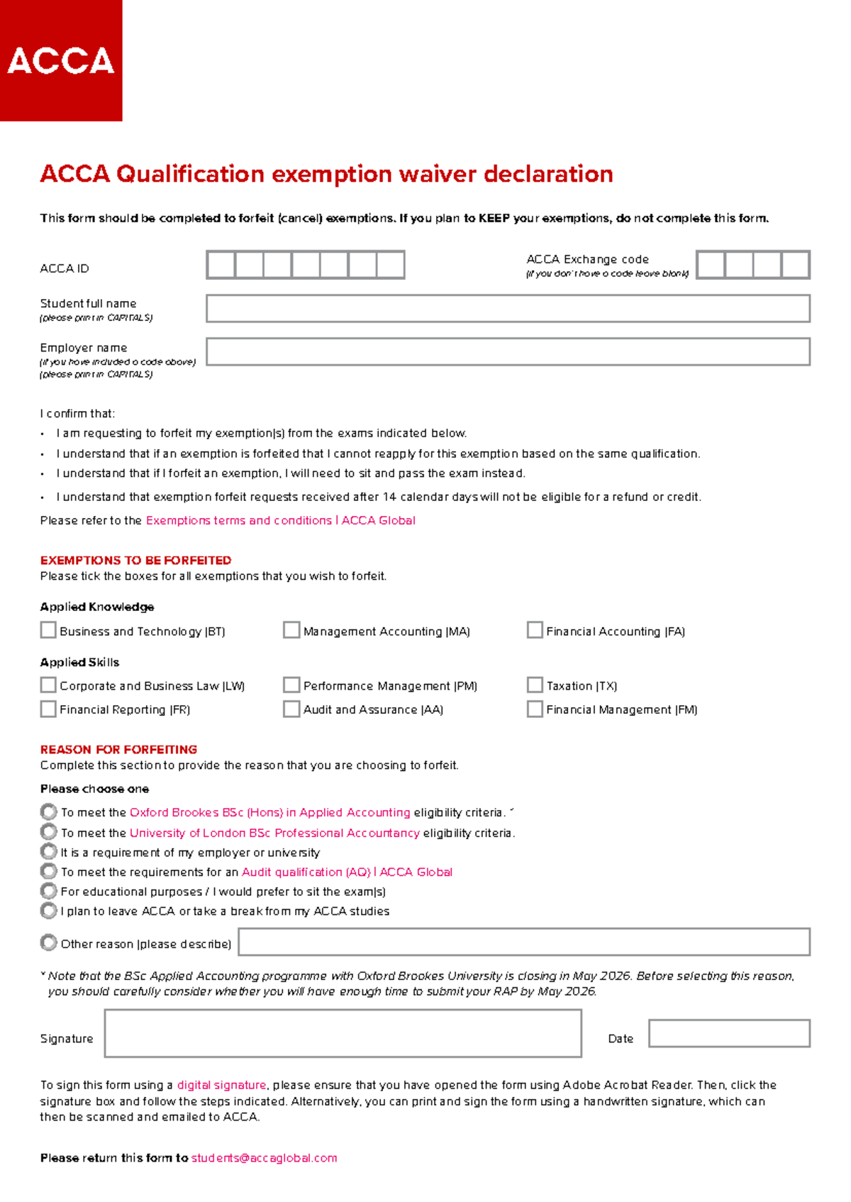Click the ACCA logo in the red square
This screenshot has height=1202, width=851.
(x=61, y=61)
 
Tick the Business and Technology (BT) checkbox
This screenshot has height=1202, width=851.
(x=48, y=630)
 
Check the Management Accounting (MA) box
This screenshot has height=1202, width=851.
(x=291, y=630)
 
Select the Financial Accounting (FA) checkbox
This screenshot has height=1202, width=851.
(x=535, y=630)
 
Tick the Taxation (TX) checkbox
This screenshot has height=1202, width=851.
(x=535, y=685)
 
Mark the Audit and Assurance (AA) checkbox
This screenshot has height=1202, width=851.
(x=291, y=709)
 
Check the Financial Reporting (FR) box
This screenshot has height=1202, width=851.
(x=48, y=709)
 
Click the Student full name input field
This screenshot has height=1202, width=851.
(x=508, y=308)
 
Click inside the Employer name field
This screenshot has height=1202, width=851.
(x=508, y=352)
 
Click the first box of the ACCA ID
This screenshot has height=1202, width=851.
(x=221, y=265)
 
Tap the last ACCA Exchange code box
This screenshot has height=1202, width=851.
(x=795, y=265)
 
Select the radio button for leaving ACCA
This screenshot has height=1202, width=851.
(x=48, y=910)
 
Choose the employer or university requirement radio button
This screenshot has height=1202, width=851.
(x=48, y=851)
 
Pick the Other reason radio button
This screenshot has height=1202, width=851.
(x=48, y=943)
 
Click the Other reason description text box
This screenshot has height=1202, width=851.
(x=524, y=943)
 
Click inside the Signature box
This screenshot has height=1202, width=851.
(x=343, y=1033)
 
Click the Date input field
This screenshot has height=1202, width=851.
(x=729, y=1033)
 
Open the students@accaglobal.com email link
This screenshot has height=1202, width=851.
(x=264, y=1158)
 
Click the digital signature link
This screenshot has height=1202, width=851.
(x=221, y=1085)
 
